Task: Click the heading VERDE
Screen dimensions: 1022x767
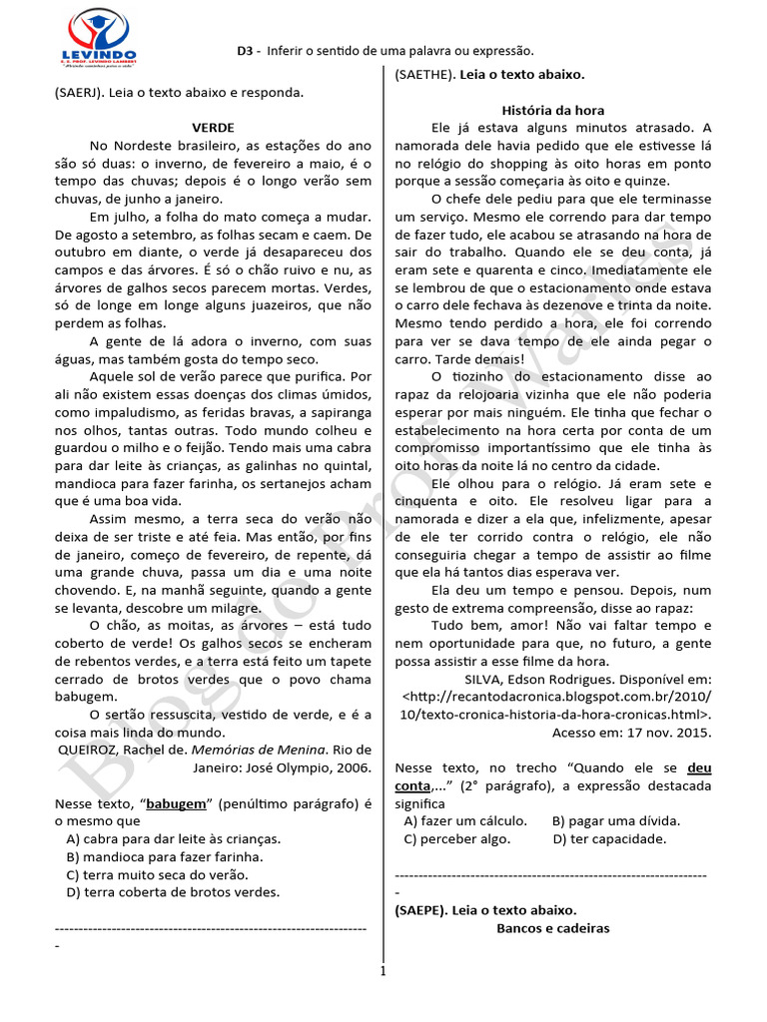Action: (213, 128)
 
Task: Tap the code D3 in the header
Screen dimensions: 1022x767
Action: (246, 50)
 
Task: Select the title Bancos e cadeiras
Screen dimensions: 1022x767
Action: (552, 927)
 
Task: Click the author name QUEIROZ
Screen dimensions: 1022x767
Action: (88, 750)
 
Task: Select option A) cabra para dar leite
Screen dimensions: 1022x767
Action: (173, 838)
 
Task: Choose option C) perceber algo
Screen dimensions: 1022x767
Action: (457, 838)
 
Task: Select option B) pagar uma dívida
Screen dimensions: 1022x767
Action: (615, 820)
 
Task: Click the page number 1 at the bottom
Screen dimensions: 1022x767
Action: (383, 970)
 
